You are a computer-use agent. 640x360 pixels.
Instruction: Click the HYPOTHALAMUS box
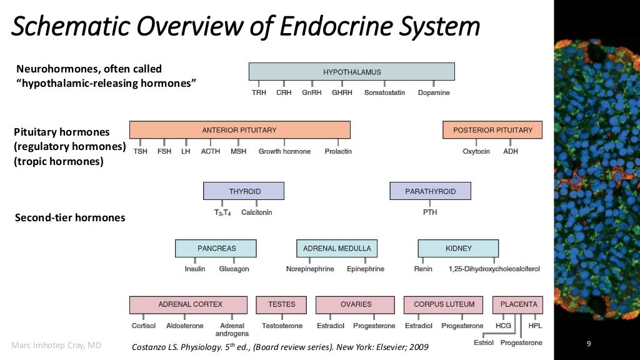[351, 72]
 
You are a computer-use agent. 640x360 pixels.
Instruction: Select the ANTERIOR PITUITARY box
[239, 130]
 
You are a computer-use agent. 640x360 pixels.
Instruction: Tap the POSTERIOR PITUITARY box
[492, 130]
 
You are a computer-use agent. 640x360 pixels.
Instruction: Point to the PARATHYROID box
[430, 191]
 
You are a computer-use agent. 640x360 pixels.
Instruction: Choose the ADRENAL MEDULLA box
[337, 248]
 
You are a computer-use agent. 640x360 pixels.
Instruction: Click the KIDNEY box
[458, 248]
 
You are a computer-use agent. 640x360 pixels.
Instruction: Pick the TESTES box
[281, 304]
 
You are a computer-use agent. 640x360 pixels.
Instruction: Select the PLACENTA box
[518, 304]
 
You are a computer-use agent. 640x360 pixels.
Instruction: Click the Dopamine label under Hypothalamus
[434, 92]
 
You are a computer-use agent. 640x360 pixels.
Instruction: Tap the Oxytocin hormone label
[476, 151]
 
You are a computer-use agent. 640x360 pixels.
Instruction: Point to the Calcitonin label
[256, 212]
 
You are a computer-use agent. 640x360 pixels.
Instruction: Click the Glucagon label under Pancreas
[234, 269]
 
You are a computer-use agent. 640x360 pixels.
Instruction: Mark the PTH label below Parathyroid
[430, 212]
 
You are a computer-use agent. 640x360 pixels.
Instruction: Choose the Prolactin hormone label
[338, 151]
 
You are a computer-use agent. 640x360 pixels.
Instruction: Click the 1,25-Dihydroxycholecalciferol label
[494, 269]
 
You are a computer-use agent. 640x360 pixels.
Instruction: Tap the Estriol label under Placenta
[484, 342]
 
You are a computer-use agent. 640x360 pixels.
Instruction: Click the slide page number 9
[588, 344]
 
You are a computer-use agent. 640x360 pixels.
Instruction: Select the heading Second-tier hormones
[69, 217]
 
